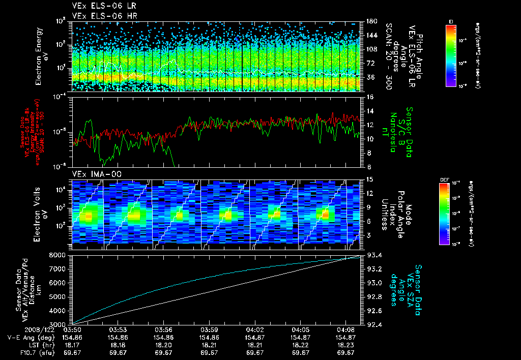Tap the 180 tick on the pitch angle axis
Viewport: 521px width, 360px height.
369,21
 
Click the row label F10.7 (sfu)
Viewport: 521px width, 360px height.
31,352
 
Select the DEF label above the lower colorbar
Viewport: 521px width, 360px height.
443,179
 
